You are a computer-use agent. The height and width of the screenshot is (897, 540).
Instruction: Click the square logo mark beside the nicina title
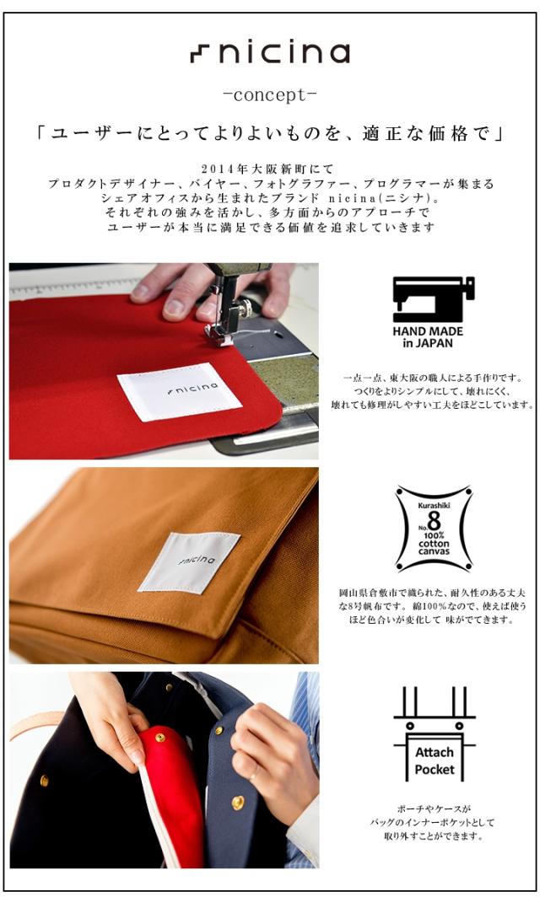(x=201, y=54)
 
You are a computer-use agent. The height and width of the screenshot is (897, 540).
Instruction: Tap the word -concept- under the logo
(x=269, y=94)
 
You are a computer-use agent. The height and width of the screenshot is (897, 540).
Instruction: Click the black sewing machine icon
(x=433, y=298)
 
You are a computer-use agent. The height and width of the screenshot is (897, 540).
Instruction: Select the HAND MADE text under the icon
(x=428, y=331)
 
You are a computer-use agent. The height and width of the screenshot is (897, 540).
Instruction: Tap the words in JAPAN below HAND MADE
(x=427, y=343)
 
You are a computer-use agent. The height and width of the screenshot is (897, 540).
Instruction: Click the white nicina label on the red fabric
(x=179, y=391)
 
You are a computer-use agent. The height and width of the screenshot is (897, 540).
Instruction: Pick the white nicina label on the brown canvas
(x=190, y=561)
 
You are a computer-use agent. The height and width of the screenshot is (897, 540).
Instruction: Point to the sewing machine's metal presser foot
(x=220, y=334)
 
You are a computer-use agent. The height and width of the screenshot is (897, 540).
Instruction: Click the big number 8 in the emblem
(x=435, y=522)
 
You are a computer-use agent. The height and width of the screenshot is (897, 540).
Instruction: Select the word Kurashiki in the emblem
(x=434, y=505)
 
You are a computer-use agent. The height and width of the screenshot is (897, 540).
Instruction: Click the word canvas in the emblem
(x=434, y=551)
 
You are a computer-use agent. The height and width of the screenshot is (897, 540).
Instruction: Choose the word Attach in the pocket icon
(x=434, y=752)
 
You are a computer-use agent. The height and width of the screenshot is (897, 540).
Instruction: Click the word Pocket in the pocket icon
(x=434, y=770)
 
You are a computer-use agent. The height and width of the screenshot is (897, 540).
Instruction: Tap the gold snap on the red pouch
(x=159, y=739)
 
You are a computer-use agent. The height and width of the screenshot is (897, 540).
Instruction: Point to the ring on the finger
(x=252, y=776)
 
